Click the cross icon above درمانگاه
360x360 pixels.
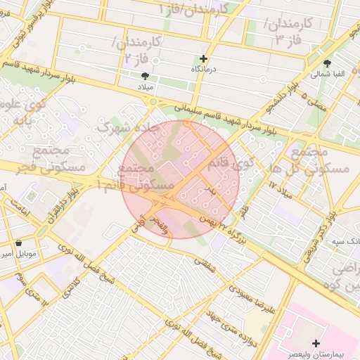(204, 59)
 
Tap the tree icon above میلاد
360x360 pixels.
(146, 75)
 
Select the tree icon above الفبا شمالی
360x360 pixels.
(328, 63)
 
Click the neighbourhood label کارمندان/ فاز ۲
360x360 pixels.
(138, 51)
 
